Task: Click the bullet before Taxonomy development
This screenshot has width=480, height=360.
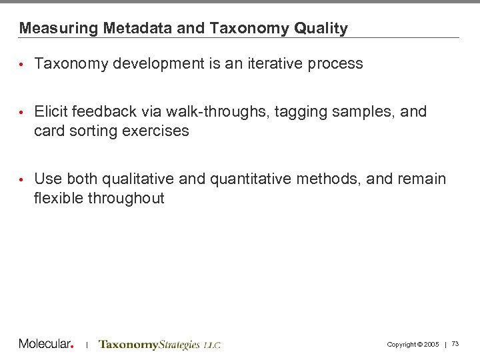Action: [22, 65]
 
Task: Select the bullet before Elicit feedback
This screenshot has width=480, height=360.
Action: [22, 112]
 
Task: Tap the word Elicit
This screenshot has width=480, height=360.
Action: [49, 111]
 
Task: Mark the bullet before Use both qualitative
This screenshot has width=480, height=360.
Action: [22, 179]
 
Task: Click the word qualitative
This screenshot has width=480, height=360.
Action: [133, 179]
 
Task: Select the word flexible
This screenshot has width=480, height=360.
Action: [57, 198]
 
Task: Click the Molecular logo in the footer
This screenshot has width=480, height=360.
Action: [46, 344]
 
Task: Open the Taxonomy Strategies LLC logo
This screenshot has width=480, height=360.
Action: [159, 345]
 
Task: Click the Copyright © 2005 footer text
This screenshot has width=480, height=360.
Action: [413, 345]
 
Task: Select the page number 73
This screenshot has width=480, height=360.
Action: [455, 344]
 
